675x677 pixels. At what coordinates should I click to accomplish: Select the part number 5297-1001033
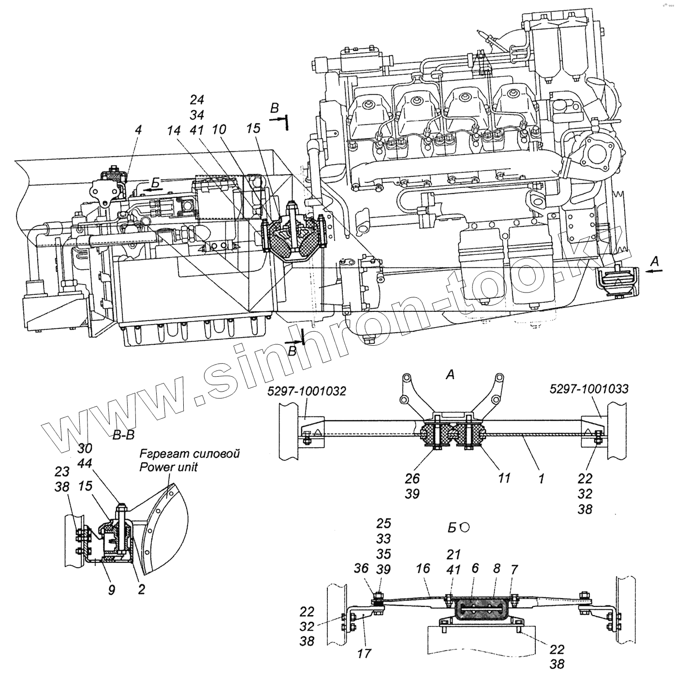point(589,389)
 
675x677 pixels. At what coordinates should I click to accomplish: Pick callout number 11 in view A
point(504,478)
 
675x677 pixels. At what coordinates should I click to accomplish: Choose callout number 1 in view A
point(542,478)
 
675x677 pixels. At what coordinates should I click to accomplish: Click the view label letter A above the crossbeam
point(450,375)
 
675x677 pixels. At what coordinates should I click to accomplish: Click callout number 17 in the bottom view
point(365,653)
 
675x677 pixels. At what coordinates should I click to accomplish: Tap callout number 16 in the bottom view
point(423,568)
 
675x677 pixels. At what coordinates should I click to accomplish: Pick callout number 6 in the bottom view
point(475,568)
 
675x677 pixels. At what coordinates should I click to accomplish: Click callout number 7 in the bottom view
point(514,568)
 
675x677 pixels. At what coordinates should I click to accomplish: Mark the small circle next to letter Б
point(465,528)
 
